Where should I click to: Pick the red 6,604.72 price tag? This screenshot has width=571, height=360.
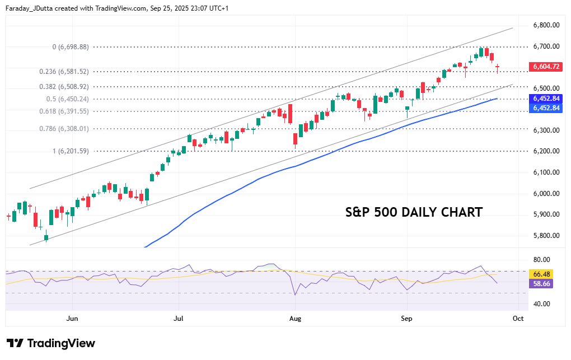tap(546, 67)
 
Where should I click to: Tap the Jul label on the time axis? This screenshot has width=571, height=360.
tap(179, 319)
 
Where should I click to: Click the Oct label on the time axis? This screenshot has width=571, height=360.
tap(518, 319)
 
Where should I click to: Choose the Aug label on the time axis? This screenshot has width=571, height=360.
tap(296, 319)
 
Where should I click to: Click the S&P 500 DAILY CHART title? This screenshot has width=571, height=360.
tap(414, 213)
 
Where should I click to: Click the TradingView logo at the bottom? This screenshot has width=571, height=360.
tap(50, 343)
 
